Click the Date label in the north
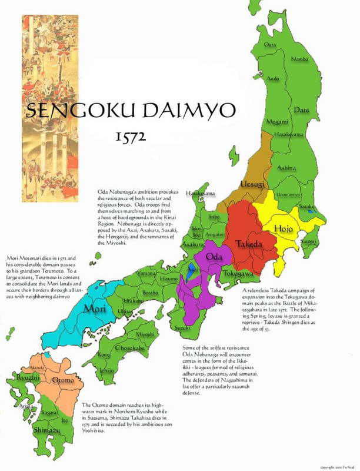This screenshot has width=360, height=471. (x=301, y=110)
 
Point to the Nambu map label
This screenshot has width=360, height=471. (x=299, y=58)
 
